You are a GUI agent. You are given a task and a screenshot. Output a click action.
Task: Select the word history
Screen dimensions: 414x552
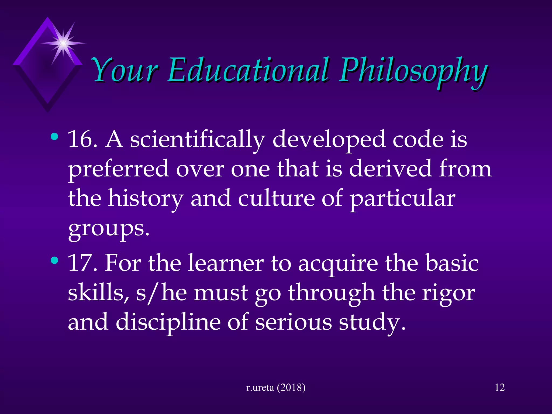(x=146, y=199)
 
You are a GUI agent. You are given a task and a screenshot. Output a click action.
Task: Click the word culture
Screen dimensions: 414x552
(x=276, y=198)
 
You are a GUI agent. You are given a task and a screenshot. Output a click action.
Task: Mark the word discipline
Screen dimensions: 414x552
(x=168, y=322)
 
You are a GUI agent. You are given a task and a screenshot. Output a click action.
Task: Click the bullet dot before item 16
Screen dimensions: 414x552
(x=54, y=137)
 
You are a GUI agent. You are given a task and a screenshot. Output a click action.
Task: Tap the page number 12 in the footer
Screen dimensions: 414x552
(x=500, y=387)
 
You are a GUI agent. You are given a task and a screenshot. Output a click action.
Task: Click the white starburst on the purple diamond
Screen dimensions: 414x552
(x=63, y=43)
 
